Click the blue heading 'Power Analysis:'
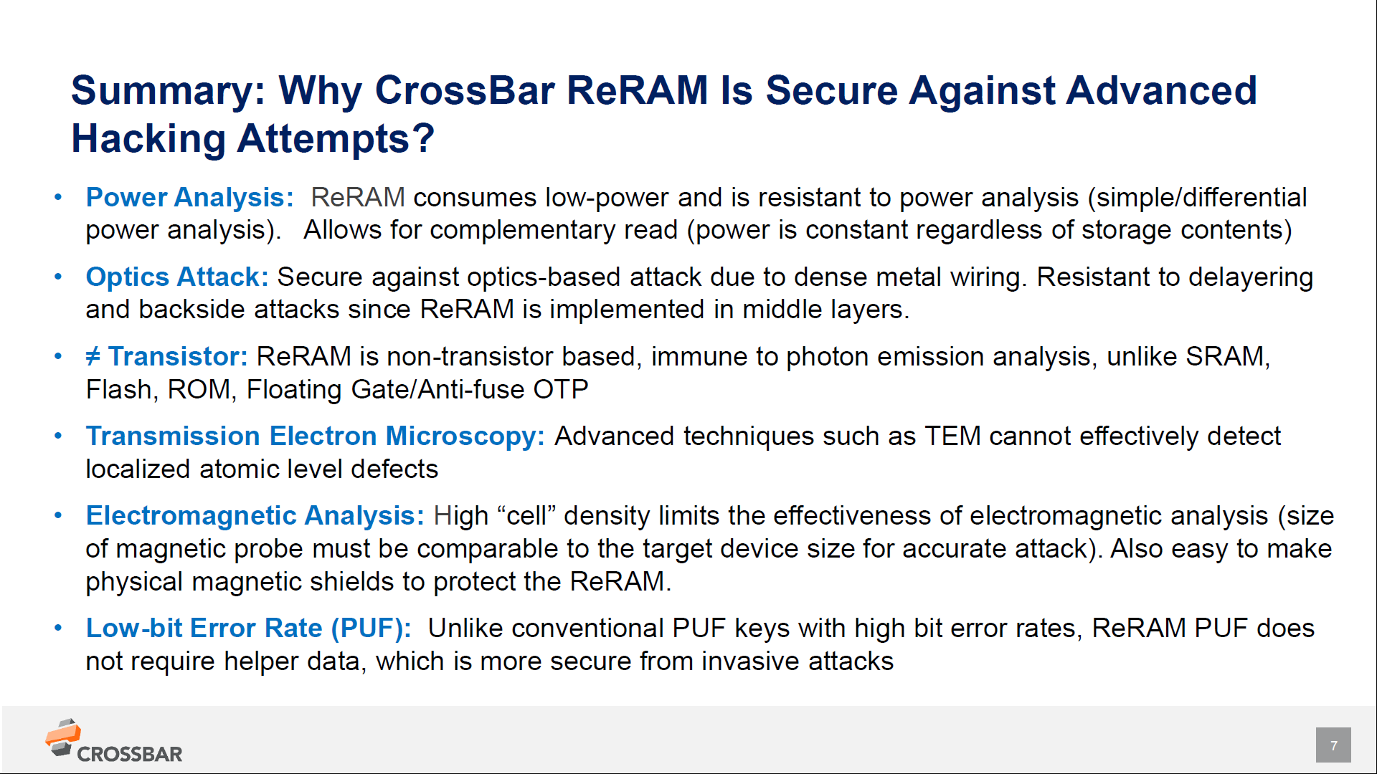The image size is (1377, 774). (x=189, y=198)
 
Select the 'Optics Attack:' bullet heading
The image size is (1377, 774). (x=176, y=277)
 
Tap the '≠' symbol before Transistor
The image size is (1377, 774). (x=93, y=356)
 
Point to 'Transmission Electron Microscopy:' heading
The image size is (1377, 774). (x=315, y=436)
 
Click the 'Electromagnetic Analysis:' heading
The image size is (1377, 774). (x=255, y=516)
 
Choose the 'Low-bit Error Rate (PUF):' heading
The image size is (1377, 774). (x=248, y=629)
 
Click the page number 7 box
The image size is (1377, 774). (x=1333, y=745)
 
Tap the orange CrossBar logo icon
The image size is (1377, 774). (x=63, y=737)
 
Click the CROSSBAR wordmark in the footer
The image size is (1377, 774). (x=129, y=755)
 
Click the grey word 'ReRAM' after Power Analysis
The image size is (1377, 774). (x=357, y=198)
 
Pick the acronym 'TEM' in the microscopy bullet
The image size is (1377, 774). (x=952, y=436)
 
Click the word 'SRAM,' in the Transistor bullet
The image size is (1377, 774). (x=1227, y=357)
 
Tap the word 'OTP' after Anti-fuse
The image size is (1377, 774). (x=560, y=390)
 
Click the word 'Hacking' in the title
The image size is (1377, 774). (x=148, y=138)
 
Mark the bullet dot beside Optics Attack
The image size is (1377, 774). (x=58, y=277)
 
